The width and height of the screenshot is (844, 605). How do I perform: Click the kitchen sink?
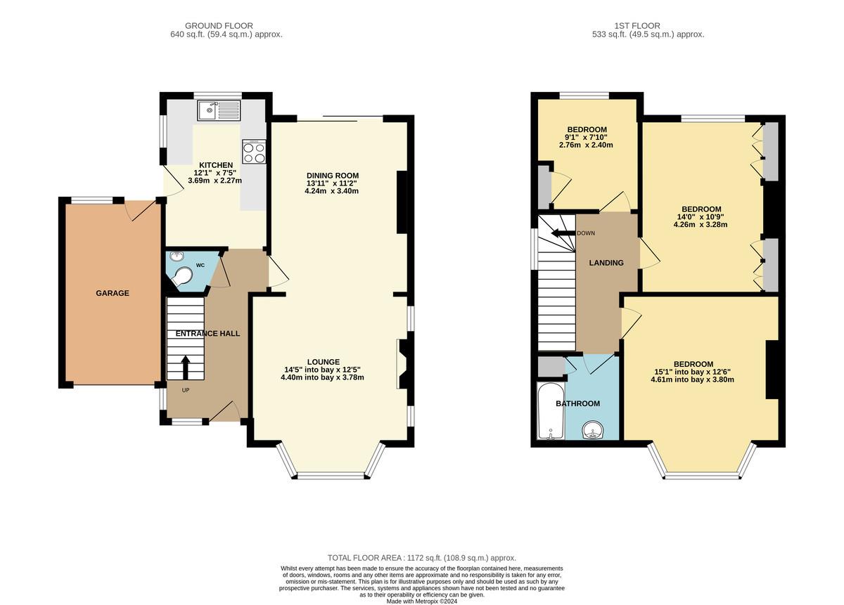pyautogui.click(x=219, y=111)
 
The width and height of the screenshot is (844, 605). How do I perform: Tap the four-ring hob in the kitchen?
pyautogui.click(x=254, y=152)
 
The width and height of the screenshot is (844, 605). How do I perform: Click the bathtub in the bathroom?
pyautogui.click(x=549, y=411)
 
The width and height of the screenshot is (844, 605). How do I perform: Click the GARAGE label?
pyautogui.click(x=113, y=293)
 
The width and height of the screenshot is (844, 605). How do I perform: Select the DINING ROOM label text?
pyautogui.click(x=332, y=176)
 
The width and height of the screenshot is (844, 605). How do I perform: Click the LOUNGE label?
pyautogui.click(x=322, y=362)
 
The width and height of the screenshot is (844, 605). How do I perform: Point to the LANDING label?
pyautogui.click(x=606, y=263)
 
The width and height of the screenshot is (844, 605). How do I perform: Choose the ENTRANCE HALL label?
pyautogui.click(x=207, y=333)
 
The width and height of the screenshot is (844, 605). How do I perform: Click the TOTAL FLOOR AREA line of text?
pyautogui.click(x=421, y=557)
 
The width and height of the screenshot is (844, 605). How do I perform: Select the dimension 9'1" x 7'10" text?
pyautogui.click(x=587, y=137)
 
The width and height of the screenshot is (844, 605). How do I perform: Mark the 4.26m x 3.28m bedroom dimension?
pyautogui.click(x=701, y=225)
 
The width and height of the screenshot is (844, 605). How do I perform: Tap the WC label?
pyautogui.click(x=200, y=265)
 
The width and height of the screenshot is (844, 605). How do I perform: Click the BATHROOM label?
pyautogui.click(x=577, y=403)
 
